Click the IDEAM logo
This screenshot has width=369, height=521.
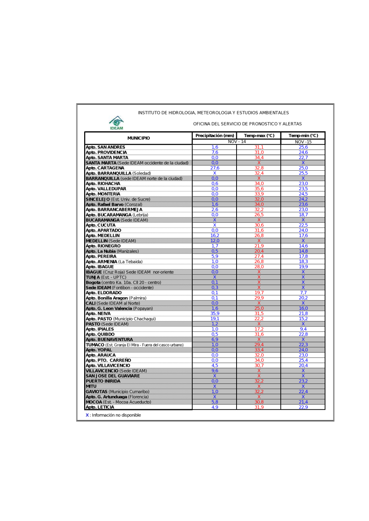tap(117, 123)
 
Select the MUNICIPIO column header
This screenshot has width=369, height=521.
tap(138, 138)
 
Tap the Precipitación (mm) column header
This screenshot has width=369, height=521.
tap(215, 136)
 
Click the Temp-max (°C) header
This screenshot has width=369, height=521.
tap(259, 136)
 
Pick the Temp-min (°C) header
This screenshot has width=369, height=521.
tap(303, 136)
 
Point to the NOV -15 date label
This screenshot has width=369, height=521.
tap(303, 142)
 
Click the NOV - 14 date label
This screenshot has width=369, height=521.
tap(237, 142)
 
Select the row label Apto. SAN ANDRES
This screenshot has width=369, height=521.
tap(106, 147)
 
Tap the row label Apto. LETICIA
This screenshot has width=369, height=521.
tap(100, 407)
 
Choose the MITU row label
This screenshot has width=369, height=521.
tap(91, 386)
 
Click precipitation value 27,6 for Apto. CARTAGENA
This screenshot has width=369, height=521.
tap(215, 168)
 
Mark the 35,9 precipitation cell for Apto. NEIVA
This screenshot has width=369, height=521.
tap(215, 313)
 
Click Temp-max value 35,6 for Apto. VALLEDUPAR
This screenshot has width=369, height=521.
tap(259, 189)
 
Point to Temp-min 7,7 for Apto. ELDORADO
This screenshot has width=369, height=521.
tap(303, 293)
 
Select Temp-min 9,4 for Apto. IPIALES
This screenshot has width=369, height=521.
tap(303, 329)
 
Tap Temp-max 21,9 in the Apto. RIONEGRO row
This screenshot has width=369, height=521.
tap(259, 246)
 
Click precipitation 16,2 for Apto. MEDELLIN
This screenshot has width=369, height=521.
tap(215, 236)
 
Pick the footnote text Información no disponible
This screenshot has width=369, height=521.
tap(116, 415)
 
